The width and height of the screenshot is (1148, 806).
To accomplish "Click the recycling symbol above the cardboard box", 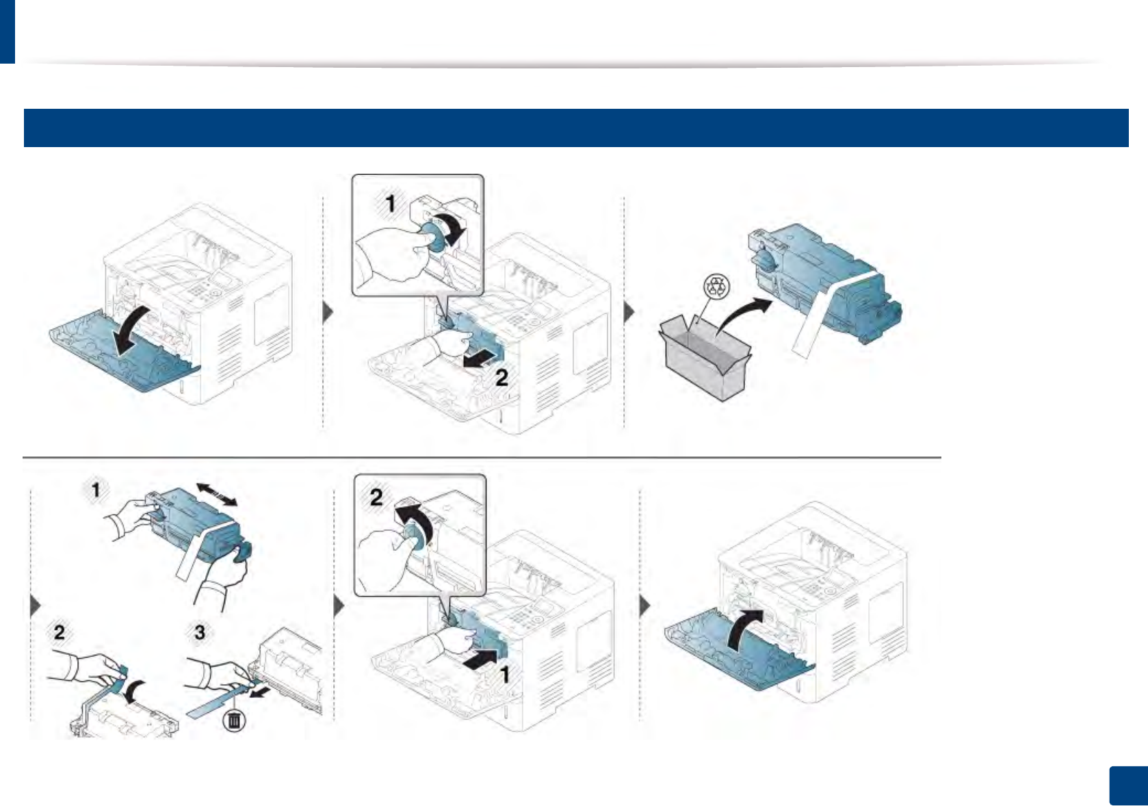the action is (716, 287).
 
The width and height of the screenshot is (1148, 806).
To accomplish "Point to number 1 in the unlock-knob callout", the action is (390, 203).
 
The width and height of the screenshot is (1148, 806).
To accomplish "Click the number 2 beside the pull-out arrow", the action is (501, 377).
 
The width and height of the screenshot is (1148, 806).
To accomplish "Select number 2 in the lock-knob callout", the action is (376, 497).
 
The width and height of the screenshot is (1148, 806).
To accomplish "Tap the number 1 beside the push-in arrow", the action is (504, 675).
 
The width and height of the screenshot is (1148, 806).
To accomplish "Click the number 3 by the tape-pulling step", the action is (200, 632).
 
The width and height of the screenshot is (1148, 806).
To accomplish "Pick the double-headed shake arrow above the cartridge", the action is (217, 494).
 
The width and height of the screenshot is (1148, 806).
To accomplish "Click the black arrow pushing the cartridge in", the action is (479, 660).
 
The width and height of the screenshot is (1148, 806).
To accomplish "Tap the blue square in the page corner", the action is (1127, 786).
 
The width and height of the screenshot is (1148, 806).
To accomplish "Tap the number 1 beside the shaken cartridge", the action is (96, 489).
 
